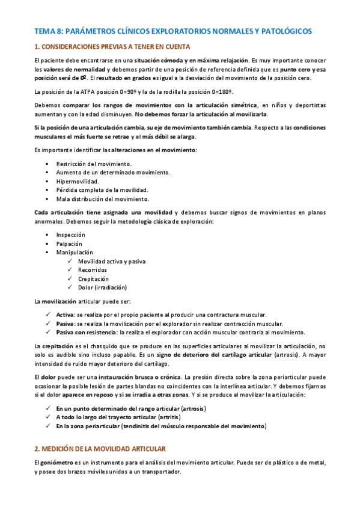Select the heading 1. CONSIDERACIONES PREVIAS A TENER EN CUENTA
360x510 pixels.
[112, 47]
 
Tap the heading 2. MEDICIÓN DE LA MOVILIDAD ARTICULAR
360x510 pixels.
[100, 449]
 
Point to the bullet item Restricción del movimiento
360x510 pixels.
[94, 164]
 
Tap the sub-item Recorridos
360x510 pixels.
[92, 270]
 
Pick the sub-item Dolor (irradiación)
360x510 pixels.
[102, 287]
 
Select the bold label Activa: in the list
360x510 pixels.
[66, 315]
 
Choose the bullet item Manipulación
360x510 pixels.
[75, 253]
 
